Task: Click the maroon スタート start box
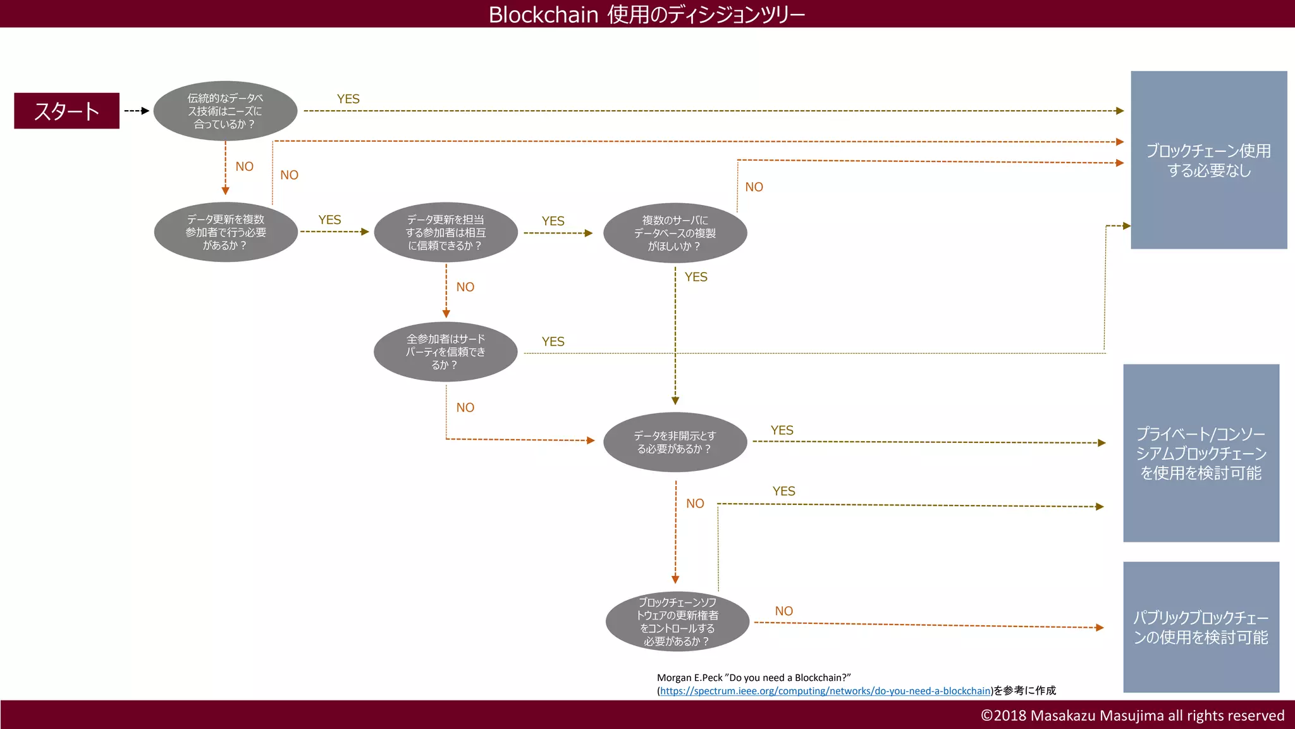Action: [x=66, y=111]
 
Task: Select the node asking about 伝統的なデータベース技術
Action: [x=225, y=111]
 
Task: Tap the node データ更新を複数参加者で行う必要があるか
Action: [x=226, y=232]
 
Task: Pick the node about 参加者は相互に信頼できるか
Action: [x=446, y=232]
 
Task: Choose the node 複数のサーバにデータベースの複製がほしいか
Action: [x=675, y=233]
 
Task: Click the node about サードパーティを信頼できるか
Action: [x=445, y=352]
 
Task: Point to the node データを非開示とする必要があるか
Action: [x=675, y=442]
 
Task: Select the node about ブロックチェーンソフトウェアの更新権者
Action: [x=677, y=621]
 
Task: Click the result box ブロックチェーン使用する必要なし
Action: [x=1208, y=160]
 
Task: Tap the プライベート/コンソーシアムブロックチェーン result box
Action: [x=1201, y=453]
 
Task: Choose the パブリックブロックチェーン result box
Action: [x=1201, y=627]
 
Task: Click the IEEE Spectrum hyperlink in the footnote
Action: [x=825, y=691]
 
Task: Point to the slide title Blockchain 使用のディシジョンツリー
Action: [x=647, y=14]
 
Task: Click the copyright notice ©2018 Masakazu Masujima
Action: [x=1132, y=716]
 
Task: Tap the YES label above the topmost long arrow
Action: [x=348, y=99]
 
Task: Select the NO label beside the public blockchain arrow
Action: [x=783, y=611]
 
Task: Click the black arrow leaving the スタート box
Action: [x=137, y=111]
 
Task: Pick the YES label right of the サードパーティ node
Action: [x=553, y=342]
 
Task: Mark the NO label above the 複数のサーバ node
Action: [x=754, y=187]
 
